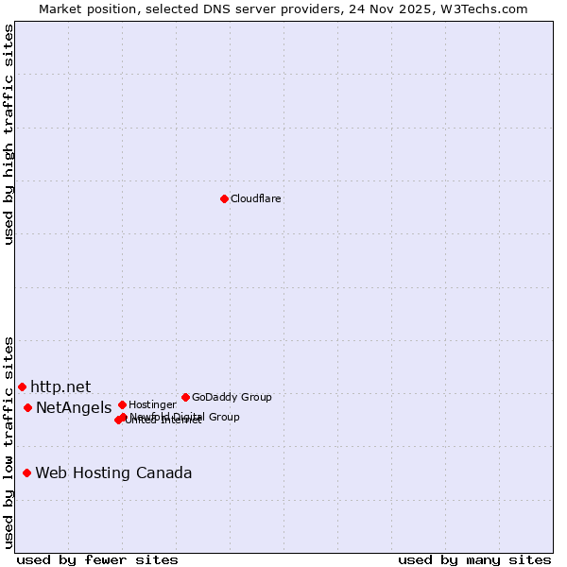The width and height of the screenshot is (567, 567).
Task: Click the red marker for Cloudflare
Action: pos(224,198)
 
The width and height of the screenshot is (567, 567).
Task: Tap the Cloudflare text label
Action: pos(255,199)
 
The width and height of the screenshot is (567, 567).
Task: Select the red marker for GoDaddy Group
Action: pos(185,397)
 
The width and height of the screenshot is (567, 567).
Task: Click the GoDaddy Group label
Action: pos(232,398)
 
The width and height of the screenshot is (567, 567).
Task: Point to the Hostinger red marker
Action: pos(122,404)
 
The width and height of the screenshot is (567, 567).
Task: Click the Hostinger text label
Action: pos(152,405)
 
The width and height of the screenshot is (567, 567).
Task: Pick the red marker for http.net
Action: pos(22,387)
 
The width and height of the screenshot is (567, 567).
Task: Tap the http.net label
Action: pos(60,387)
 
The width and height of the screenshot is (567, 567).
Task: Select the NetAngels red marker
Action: pos(27,407)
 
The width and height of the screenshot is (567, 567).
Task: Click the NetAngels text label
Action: pos(74,407)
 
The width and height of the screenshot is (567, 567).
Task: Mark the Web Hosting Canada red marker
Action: pos(26,472)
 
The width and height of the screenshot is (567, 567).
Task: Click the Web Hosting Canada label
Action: pos(113,472)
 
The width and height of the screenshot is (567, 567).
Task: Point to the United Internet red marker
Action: pos(118,420)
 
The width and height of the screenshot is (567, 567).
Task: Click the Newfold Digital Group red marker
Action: pos(124,417)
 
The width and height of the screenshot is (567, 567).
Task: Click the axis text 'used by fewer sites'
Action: pos(97,559)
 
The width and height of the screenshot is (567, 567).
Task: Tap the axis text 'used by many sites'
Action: pos(474,559)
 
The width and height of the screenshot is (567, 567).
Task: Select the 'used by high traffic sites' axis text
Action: pos(9,134)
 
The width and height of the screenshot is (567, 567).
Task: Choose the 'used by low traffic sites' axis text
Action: pos(9,442)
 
